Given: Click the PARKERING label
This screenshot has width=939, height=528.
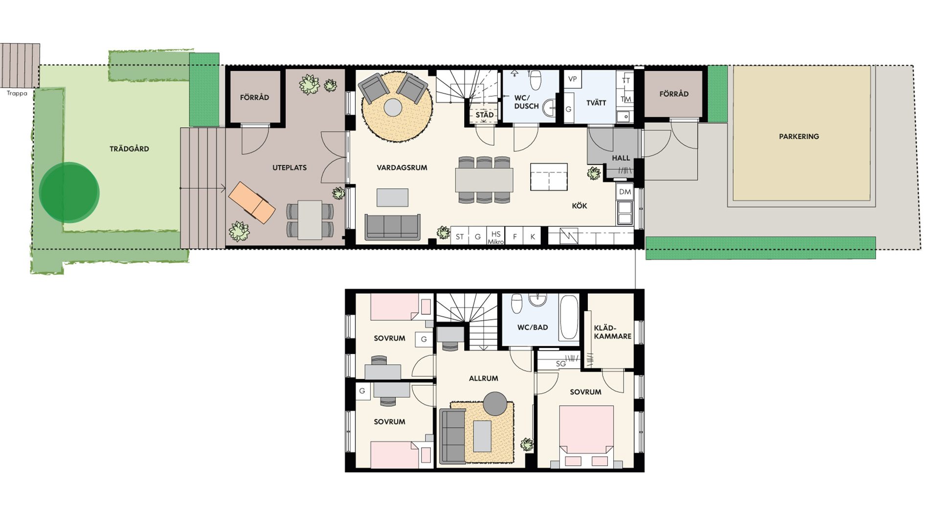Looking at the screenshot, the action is tap(799, 136).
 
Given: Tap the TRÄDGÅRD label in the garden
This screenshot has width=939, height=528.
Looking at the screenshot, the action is tap(129, 149).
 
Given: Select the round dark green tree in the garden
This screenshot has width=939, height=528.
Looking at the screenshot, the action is tap(69, 192).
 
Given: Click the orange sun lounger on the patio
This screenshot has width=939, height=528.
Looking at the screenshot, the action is tap(252, 202).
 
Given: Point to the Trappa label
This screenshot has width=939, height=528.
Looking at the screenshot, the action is tap(17, 93).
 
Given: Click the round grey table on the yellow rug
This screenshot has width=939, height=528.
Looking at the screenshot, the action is tap(393, 108).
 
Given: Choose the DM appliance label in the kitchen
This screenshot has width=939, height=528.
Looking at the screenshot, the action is tap(625, 192).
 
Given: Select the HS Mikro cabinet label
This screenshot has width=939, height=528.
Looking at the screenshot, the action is tap(495, 238).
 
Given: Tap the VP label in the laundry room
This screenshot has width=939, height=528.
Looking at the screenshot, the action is tap(572, 79).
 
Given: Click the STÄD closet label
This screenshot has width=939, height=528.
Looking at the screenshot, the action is tap(484, 115).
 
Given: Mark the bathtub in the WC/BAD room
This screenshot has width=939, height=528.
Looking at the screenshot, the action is tap(569, 317).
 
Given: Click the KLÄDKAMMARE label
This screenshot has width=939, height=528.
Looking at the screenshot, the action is tap(612, 332).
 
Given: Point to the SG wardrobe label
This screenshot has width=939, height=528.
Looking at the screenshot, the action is tap(560, 364).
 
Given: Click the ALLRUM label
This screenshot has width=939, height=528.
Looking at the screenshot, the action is tap(483, 378).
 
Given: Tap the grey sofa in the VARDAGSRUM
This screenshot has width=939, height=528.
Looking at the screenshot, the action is tap(392, 227).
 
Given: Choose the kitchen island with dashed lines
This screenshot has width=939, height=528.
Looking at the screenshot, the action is tap(549, 176).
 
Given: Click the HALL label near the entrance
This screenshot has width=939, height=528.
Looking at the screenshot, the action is tap(621, 158).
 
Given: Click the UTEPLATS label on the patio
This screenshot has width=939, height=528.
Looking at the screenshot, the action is tap(290, 168).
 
